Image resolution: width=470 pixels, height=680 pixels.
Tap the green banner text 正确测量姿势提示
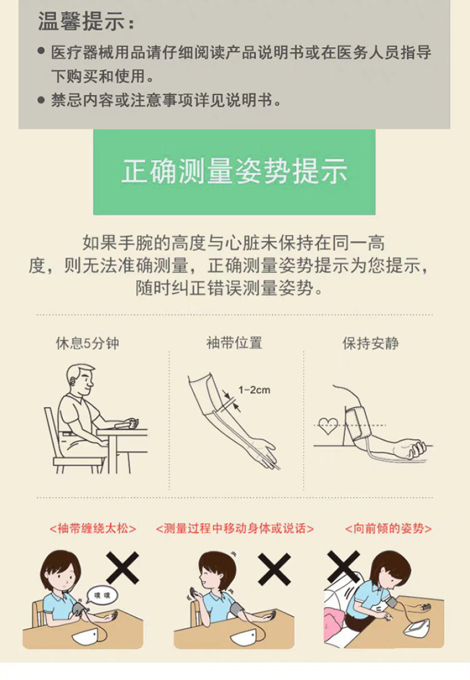(x=234, y=171)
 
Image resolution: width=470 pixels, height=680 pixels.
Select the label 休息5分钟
(x=88, y=343)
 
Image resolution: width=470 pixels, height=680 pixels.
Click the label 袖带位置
(x=234, y=343)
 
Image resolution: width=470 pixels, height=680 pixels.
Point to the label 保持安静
(x=370, y=343)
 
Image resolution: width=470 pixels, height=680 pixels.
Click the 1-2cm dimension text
(x=254, y=390)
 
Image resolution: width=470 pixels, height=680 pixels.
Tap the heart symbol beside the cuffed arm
(x=328, y=425)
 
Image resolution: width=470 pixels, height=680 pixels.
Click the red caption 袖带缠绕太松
(x=93, y=529)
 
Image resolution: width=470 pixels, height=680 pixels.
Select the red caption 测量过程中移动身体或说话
(x=234, y=529)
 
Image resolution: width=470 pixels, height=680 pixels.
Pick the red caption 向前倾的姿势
(x=388, y=529)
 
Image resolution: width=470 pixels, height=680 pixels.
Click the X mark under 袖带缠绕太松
(x=123, y=568)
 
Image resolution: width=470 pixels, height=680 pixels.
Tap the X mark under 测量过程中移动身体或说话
(x=274, y=569)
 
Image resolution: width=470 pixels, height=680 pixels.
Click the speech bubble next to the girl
(x=102, y=595)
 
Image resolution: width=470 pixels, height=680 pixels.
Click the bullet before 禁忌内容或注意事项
(x=41, y=100)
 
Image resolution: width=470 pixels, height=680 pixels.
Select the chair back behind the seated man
(x=52, y=434)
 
